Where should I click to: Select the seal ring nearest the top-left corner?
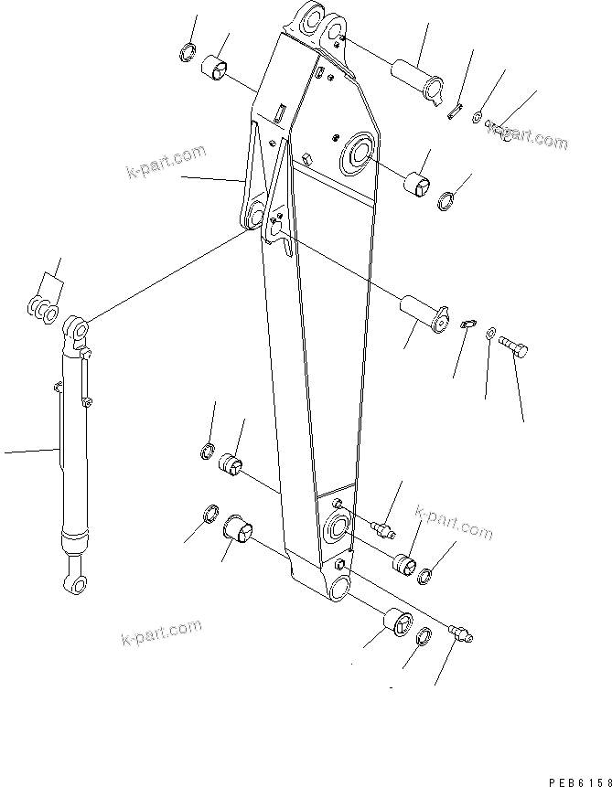coord(188,51)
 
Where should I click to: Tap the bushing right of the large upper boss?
coord(419,182)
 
